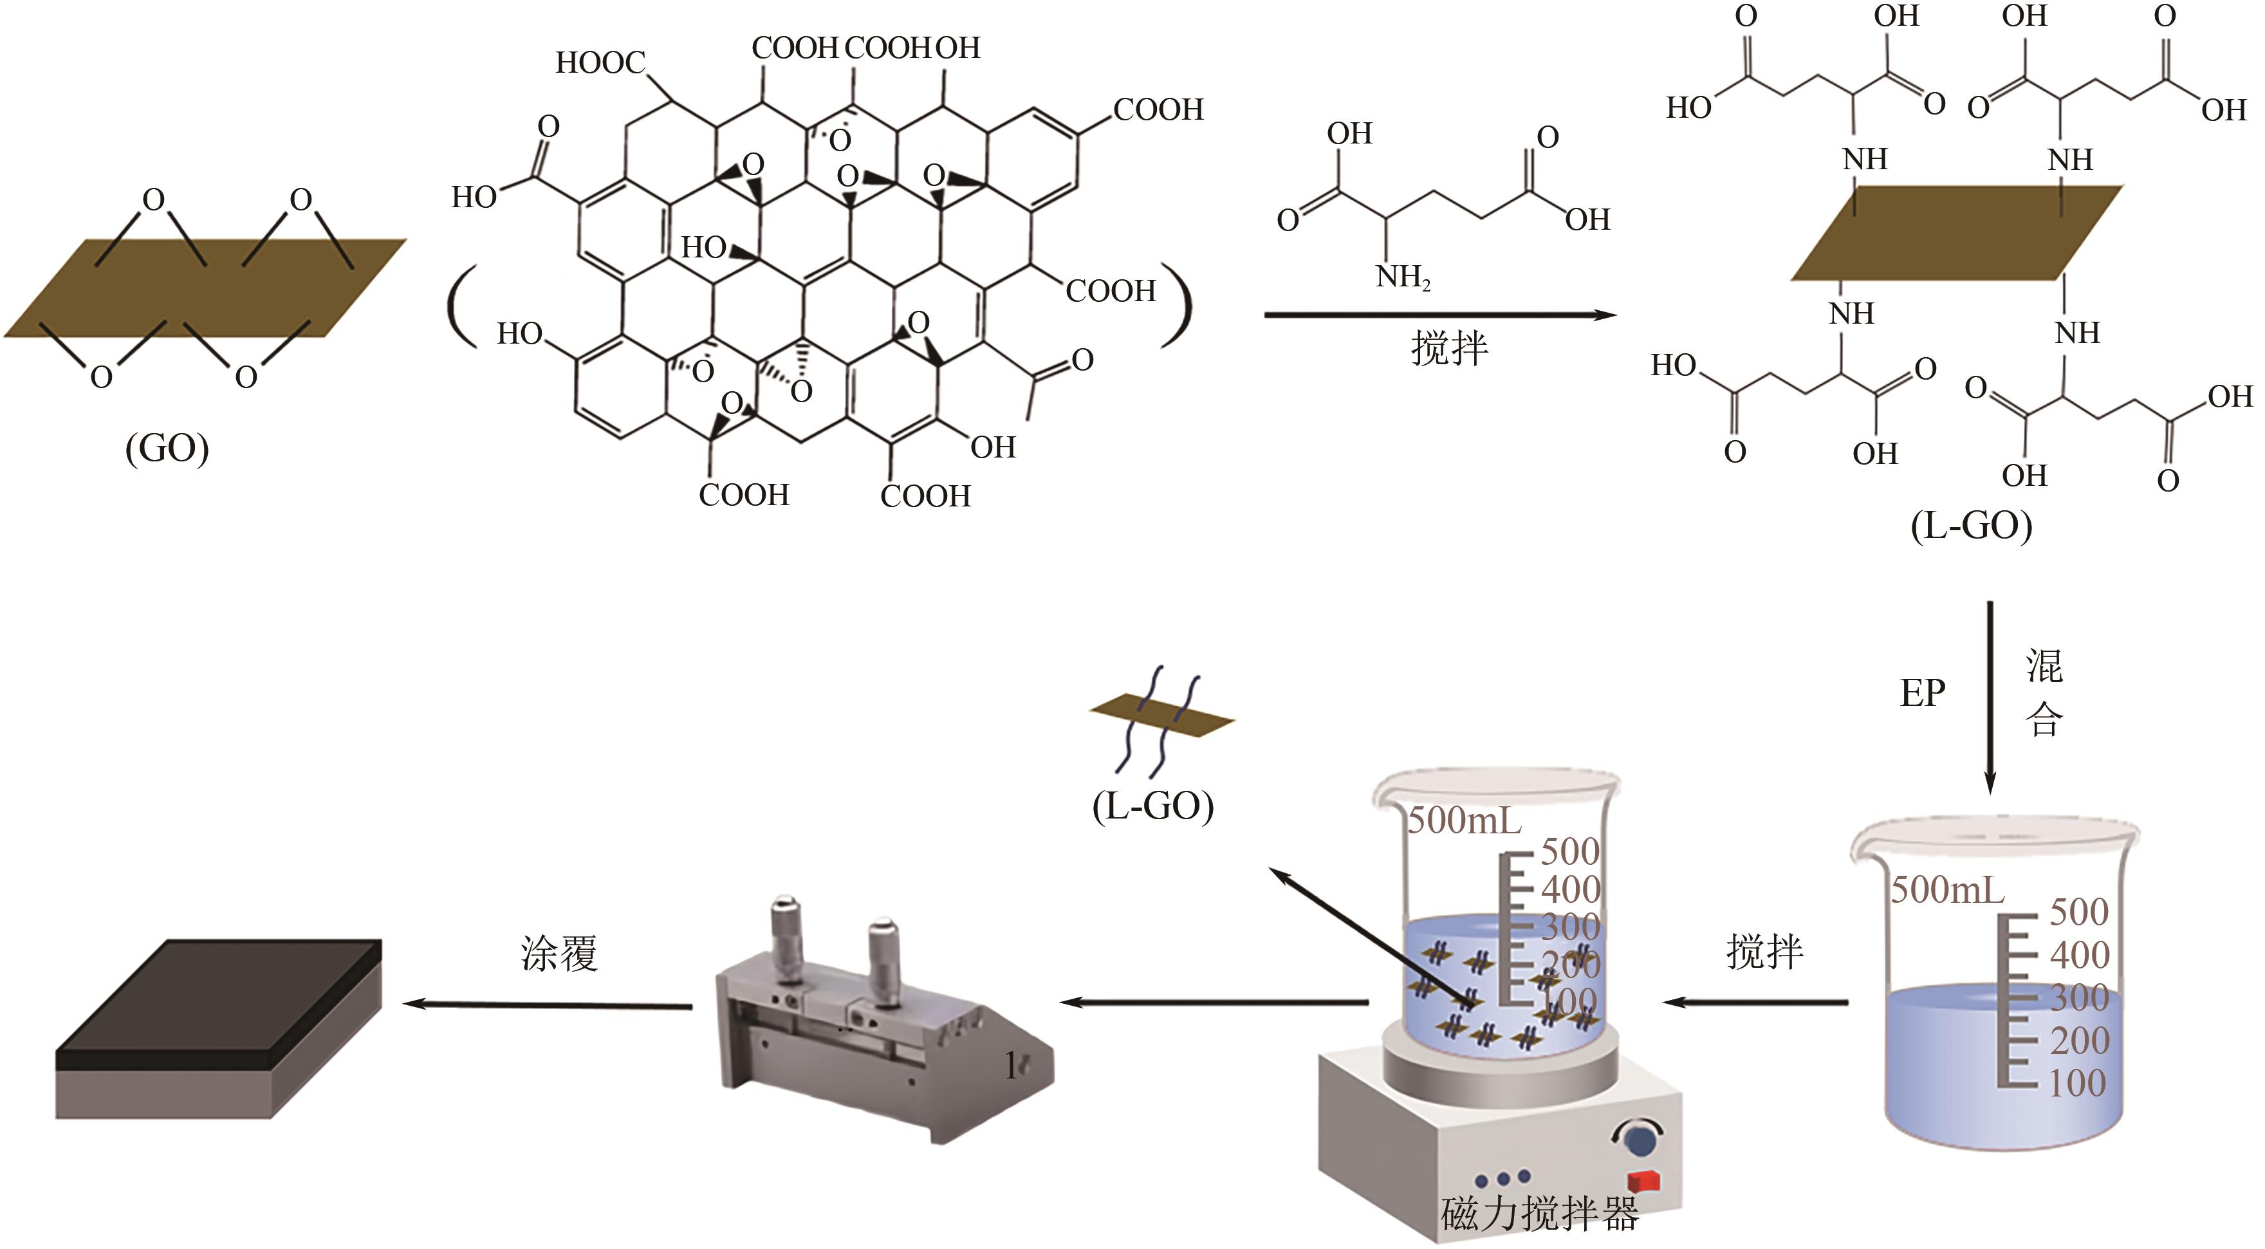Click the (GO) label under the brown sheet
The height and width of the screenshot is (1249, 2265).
(x=167, y=449)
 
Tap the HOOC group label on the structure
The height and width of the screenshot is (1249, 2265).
(x=600, y=63)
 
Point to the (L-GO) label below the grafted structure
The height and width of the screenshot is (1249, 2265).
(x=1972, y=526)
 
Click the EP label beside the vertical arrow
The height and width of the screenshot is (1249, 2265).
(x=1922, y=693)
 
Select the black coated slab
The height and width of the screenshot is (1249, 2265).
(x=220, y=1003)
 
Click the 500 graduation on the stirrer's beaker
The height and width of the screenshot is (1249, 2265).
(x=1569, y=851)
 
